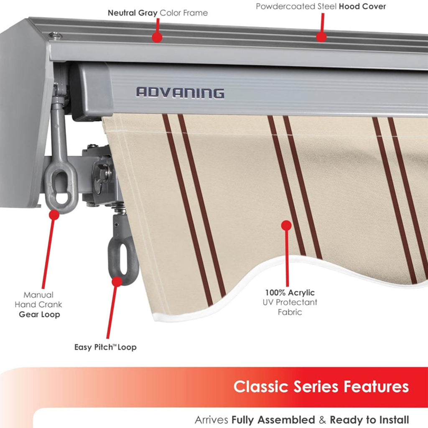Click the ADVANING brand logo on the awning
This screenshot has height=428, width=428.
pos(180,92)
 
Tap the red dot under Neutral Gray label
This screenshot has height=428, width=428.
pos(157,37)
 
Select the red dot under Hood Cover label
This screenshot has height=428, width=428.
pos(321,37)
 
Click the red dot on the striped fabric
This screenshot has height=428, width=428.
pos(286,226)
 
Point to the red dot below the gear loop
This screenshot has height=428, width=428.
pos(54,215)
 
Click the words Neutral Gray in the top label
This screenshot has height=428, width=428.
pos(132,13)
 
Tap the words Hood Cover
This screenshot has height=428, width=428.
pos(362,7)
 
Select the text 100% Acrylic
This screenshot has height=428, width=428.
pos(290,293)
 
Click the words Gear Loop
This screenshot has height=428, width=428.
pos(39,314)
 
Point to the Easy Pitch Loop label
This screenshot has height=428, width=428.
pos(105,347)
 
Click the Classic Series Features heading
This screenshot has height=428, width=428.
pos(321,386)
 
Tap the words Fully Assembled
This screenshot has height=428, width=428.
pos(273,420)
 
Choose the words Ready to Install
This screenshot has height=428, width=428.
pos(369,420)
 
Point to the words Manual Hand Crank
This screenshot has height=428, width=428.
pos(38,300)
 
